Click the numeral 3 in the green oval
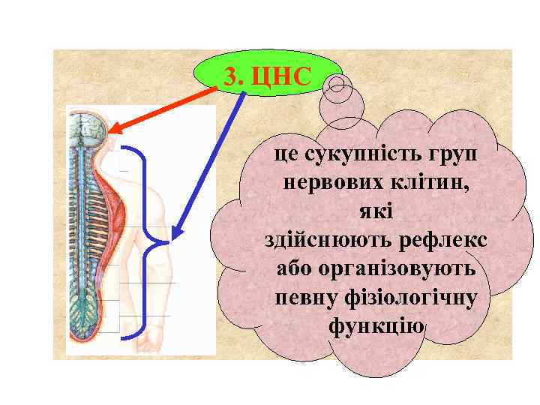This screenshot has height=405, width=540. pyautogui.click(x=232, y=76)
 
